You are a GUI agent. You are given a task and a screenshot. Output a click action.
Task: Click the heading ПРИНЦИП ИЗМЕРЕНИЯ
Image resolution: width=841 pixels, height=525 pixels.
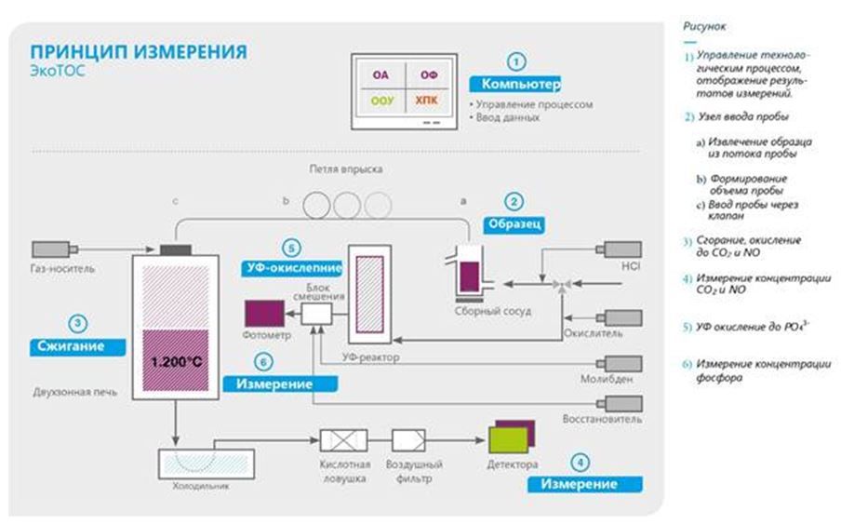pyautogui.click(x=139, y=50)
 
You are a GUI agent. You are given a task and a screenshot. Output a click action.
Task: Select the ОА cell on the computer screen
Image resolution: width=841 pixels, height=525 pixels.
pyautogui.click(x=380, y=74)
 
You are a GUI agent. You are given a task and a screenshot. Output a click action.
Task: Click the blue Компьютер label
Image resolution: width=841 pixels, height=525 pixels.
pyautogui.click(x=515, y=85)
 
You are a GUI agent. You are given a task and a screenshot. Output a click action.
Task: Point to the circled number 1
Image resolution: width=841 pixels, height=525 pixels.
pyautogui.click(x=518, y=61)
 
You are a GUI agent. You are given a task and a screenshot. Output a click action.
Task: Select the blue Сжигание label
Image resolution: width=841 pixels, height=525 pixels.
pyautogui.click(x=80, y=345)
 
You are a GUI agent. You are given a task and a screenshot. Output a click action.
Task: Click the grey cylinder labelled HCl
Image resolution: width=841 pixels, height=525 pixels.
pyautogui.click(x=621, y=249)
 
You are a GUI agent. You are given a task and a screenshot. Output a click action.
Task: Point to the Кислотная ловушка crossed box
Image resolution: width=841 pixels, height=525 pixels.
pyautogui.click(x=343, y=440)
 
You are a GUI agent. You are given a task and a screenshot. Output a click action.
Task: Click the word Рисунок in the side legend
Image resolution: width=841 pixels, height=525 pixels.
pyautogui.click(x=704, y=28)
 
